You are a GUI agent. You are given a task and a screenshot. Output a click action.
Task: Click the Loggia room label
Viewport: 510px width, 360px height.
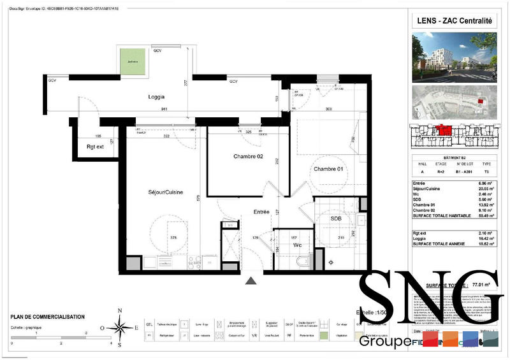pyautogui.click(x=156, y=97)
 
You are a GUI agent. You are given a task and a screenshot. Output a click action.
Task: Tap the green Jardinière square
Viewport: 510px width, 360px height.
pyautogui.click(x=133, y=61)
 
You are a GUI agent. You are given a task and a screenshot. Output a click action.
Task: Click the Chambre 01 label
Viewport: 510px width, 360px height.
pyautogui.click(x=327, y=169)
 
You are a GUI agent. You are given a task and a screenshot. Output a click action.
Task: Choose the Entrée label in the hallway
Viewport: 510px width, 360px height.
pyautogui.click(x=261, y=212)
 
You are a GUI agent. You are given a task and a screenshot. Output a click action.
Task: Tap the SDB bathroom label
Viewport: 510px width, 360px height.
pyautogui.click(x=336, y=218)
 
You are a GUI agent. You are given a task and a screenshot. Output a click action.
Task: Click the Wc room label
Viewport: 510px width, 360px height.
pyautogui.click(x=297, y=245)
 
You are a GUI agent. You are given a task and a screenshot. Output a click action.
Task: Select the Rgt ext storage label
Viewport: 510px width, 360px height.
pyautogui.click(x=94, y=147)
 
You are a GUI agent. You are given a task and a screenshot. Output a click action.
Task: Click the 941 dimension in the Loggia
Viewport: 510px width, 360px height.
pyautogui.click(x=147, y=110)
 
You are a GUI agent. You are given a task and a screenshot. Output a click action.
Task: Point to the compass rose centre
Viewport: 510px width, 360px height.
pyautogui.click(x=119, y=329)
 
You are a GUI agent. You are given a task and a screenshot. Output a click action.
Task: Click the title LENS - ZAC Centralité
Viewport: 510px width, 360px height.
pyautogui.click(x=455, y=20)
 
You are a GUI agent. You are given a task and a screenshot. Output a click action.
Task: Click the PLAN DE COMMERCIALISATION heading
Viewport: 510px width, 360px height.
pyautogui.click(x=47, y=317)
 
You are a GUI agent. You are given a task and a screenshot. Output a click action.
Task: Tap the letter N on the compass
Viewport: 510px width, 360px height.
pyautogui.click(x=119, y=310)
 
